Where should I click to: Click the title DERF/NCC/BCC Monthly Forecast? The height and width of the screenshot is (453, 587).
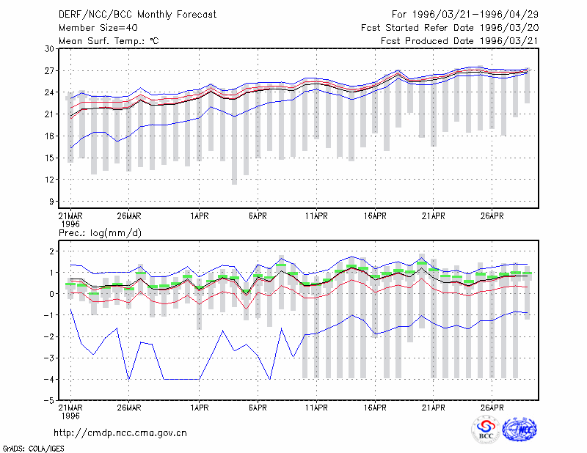click(137, 15)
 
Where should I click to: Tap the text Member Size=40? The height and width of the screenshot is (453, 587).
click(98, 28)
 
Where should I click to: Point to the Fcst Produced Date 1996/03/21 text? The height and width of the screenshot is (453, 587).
click(459, 41)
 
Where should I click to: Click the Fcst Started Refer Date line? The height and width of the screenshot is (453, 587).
click(450, 28)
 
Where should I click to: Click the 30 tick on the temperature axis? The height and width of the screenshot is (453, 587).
click(49, 49)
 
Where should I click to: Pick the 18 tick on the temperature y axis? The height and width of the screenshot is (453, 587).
click(49, 136)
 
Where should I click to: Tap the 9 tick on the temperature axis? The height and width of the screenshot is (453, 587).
click(51, 202)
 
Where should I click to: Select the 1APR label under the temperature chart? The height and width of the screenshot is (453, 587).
click(199, 216)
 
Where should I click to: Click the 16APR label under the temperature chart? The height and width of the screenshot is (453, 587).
click(375, 216)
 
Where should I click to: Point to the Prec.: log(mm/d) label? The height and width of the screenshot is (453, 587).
click(100, 233)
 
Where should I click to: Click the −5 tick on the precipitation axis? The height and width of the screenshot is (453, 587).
click(48, 401)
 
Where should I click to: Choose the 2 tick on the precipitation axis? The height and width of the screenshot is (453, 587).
click(51, 251)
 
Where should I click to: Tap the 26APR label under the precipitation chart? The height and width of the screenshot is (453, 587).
click(492, 408)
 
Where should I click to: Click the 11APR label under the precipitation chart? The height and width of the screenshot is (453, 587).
click(316, 408)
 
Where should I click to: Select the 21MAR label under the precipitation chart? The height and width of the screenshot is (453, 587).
click(70, 408)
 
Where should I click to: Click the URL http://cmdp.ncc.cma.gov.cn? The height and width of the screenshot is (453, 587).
click(120, 433)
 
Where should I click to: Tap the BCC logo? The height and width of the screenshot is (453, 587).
click(486, 430)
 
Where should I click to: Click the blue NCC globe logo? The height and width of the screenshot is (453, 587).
click(519, 430)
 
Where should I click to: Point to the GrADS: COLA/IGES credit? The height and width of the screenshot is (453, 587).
click(34, 449)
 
